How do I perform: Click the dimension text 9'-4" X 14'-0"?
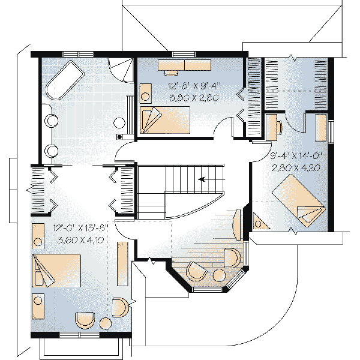pos(296,157)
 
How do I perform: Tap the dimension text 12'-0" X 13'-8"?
pos(80,229)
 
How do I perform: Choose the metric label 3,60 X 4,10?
pos(80,239)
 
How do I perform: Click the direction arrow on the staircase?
pos(208,178)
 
